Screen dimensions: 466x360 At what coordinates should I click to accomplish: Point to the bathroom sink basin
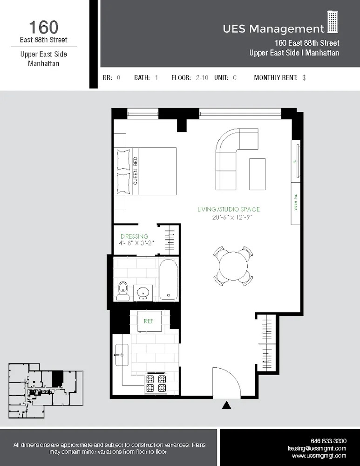(143, 292)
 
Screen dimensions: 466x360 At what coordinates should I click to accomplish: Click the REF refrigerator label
(149, 321)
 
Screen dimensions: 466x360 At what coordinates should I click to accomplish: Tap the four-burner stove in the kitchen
(156, 383)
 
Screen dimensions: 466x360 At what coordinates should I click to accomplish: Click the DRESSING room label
(134, 236)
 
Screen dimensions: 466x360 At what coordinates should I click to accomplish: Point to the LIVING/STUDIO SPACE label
(229, 210)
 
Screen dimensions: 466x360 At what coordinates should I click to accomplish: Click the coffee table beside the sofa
(258, 174)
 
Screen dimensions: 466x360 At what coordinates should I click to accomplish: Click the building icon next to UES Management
(333, 22)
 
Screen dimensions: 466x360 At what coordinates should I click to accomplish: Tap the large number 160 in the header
(44, 27)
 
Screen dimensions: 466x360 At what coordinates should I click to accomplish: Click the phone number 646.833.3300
(328, 441)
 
